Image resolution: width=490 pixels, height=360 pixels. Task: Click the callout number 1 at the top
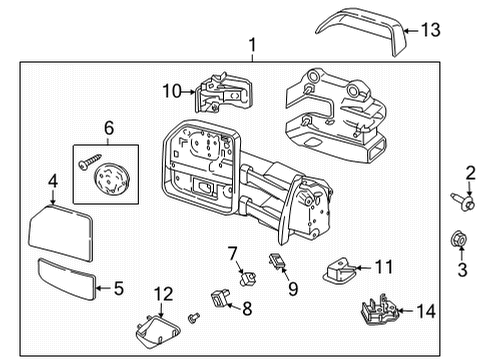[253, 45]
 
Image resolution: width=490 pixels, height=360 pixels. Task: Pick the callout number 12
[162, 292]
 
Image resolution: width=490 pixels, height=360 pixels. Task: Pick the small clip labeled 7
[241, 271]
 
